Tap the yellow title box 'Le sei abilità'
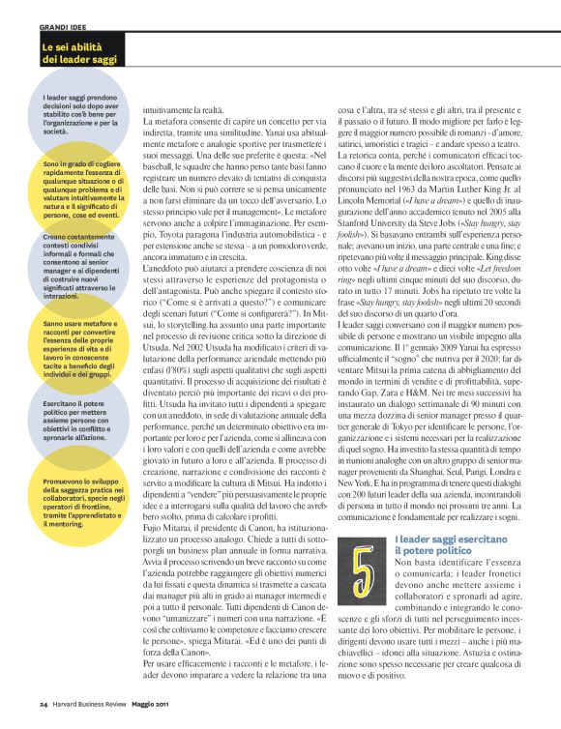click(x=79, y=52)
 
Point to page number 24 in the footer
click(x=44, y=716)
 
